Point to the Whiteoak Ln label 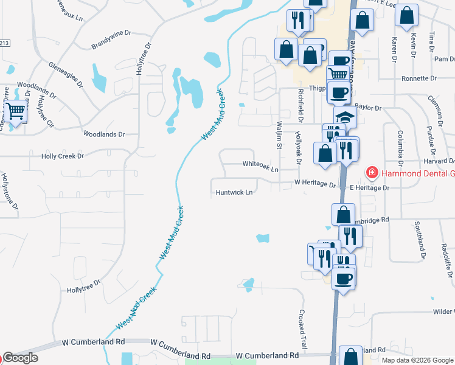pyautogui.click(x=260, y=164)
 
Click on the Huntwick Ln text pyautogui.click(x=234, y=193)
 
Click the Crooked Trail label pyautogui.click(x=302, y=325)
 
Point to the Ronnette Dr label pyautogui.click(x=419, y=79)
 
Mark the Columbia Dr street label pyautogui.click(x=401, y=147)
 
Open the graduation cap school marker pyautogui.click(x=346, y=117)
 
